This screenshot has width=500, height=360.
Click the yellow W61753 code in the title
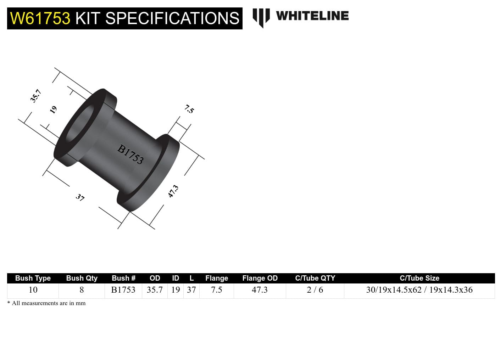[40, 18]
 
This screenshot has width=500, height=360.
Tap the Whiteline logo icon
[261, 17]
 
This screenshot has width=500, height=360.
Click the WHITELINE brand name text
[312, 16]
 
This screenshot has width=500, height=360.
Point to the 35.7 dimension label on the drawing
[35, 96]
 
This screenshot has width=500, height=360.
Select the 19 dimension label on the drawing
[53, 109]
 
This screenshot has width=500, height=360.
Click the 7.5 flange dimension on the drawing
[189, 109]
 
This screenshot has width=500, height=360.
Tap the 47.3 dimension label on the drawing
[173, 191]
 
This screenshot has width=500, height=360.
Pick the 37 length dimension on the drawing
[80, 197]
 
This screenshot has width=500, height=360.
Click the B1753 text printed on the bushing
[130, 154]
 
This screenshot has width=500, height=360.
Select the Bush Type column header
[33, 278]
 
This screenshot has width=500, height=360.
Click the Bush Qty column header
[82, 278]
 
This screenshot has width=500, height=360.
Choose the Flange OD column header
[260, 278]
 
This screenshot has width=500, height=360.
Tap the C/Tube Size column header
[419, 278]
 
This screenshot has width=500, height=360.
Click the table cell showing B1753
[123, 290]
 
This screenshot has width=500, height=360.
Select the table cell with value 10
[33, 290]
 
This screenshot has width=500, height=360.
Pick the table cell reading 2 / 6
[315, 290]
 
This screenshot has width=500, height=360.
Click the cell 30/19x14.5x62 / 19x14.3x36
[419, 290]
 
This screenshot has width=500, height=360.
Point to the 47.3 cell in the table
[260, 290]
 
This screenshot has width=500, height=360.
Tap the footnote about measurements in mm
[46, 303]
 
